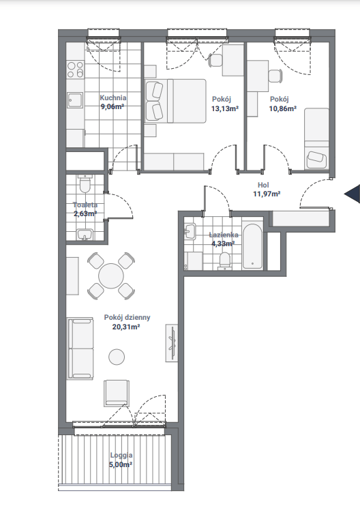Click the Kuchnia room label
(x=113, y=98)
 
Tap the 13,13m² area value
(x=225, y=108)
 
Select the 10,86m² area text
(x=283, y=108)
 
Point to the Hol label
(x=263, y=185)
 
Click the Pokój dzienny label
(x=127, y=318)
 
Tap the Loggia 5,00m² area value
(x=121, y=464)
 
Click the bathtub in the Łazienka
(x=252, y=246)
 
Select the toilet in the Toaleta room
(x=85, y=184)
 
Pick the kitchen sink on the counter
(x=75, y=100)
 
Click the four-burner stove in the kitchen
(x=75, y=70)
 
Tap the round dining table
(x=111, y=276)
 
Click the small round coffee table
(x=117, y=357)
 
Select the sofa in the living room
(x=80, y=348)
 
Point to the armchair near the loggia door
(x=117, y=393)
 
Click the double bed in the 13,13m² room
(x=175, y=101)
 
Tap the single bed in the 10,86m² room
(x=317, y=138)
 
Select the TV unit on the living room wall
(x=172, y=343)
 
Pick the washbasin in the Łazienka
(x=190, y=231)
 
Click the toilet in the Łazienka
(x=224, y=260)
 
